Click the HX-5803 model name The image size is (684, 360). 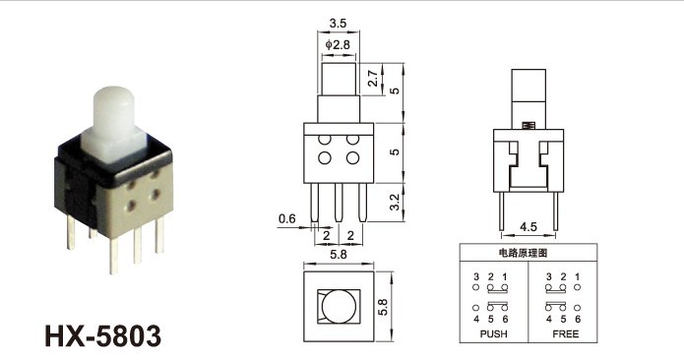click(103, 336)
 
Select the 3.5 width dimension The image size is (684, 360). click(338, 23)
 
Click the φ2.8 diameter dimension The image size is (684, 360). click(338, 44)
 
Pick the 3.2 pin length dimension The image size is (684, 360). click(395, 203)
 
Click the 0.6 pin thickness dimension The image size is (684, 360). click(286, 218)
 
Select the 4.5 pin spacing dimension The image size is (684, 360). click(529, 226)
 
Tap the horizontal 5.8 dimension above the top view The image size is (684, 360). click(339, 255)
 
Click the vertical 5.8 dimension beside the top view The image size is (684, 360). click(383, 307)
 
